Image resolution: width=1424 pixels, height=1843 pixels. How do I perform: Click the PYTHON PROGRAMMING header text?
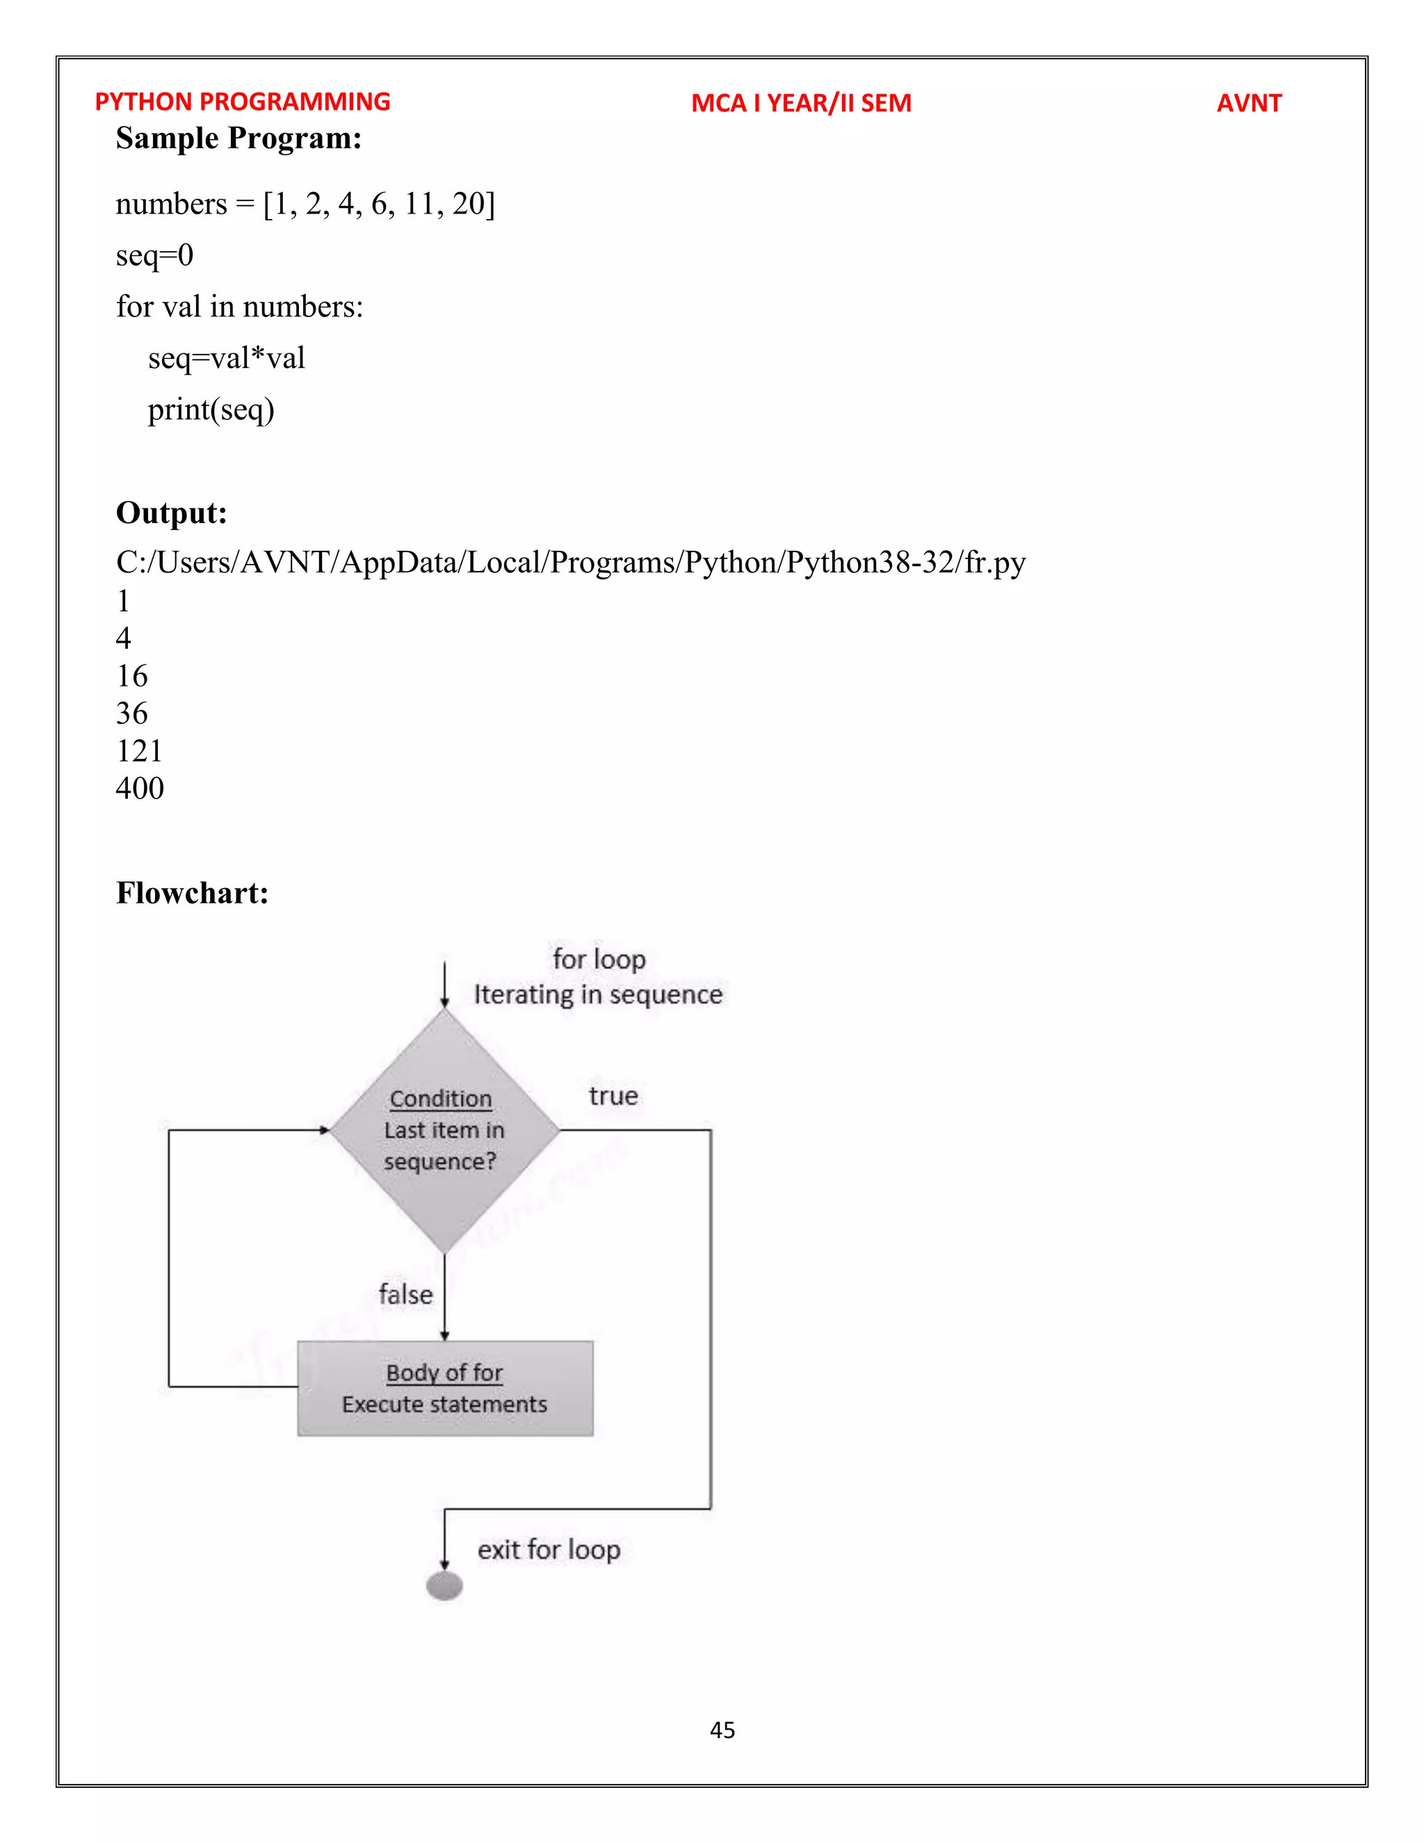tap(242, 102)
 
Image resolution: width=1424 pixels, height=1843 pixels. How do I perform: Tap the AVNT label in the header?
tap(1249, 103)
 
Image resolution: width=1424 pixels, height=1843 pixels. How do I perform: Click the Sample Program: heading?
tap(238, 138)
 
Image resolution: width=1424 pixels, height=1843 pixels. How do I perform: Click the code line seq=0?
tap(154, 255)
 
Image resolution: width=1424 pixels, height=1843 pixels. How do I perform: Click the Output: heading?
tap(171, 513)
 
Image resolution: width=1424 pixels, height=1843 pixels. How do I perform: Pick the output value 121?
tap(139, 751)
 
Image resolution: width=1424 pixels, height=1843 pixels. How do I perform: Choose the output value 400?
tap(140, 788)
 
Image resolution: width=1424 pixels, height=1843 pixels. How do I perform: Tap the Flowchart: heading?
tap(193, 894)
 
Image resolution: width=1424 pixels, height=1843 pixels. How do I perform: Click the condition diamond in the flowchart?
tap(444, 1131)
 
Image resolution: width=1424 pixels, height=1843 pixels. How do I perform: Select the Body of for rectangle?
tap(444, 1388)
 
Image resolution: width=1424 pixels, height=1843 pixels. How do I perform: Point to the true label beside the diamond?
tap(613, 1096)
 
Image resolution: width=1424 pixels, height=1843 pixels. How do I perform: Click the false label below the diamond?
tap(406, 1294)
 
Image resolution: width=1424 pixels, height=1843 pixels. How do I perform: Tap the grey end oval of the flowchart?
tap(444, 1586)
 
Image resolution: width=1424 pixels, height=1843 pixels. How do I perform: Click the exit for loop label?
tap(549, 1550)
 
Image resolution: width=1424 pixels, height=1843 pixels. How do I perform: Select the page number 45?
tap(722, 1730)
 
